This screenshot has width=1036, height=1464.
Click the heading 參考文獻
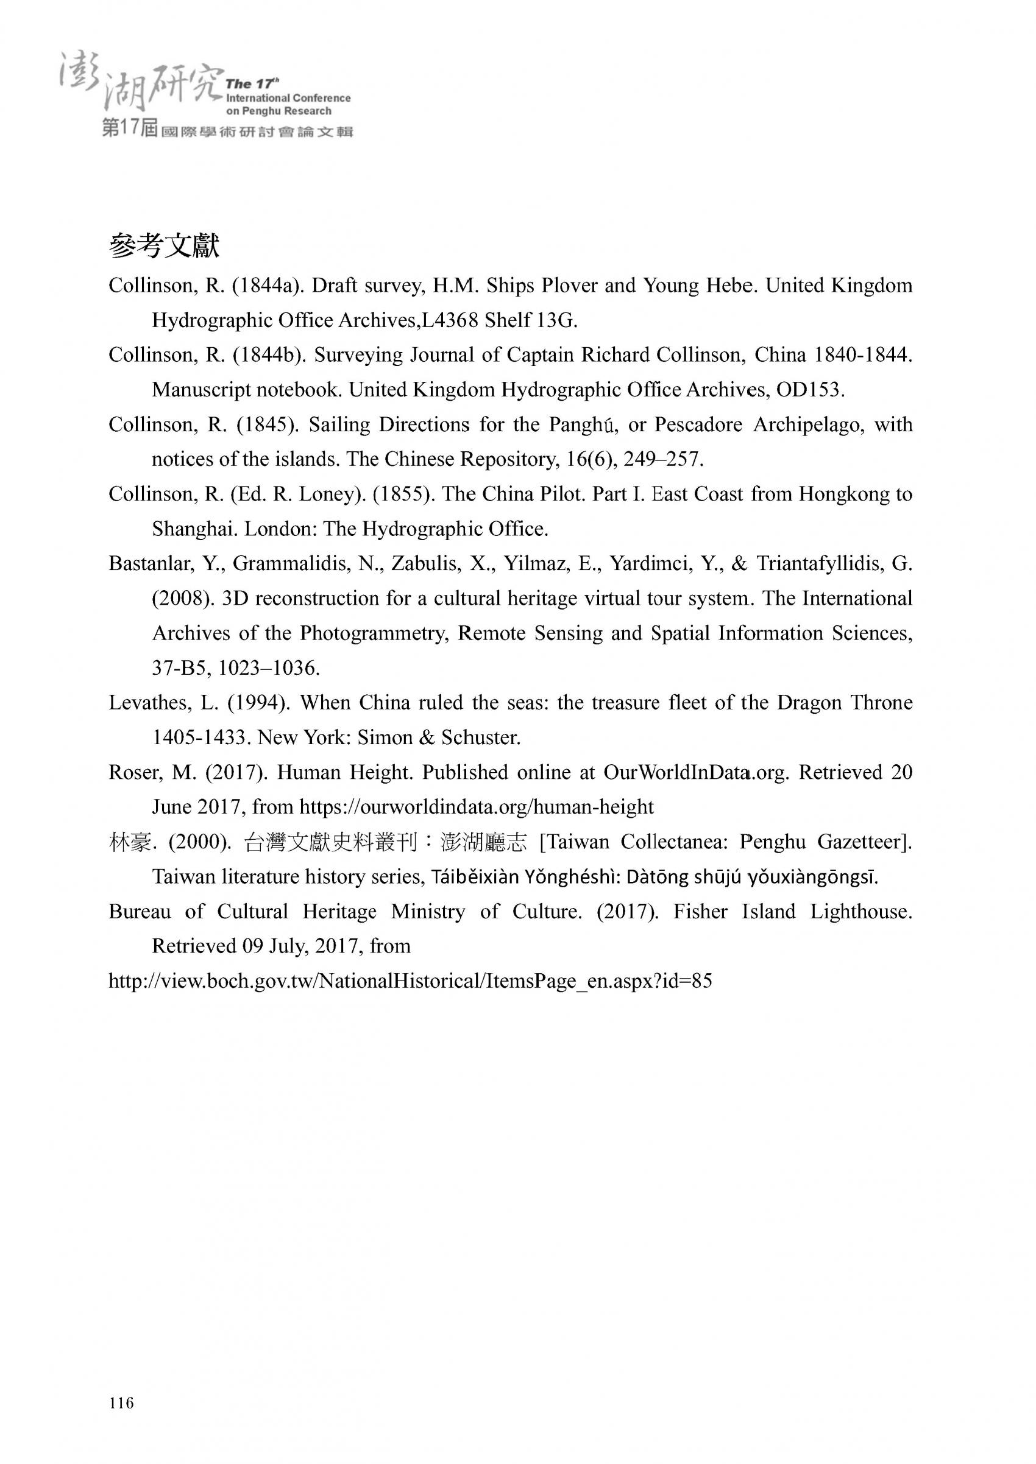coord(164,246)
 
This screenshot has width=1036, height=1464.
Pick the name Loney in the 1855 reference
coord(324,494)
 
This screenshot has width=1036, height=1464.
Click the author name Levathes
coord(149,703)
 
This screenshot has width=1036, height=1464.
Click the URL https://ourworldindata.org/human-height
coord(476,808)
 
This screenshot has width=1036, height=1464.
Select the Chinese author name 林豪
coord(130,842)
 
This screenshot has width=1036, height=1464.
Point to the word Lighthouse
coord(860,912)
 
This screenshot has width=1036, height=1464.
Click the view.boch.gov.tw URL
coord(410,980)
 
